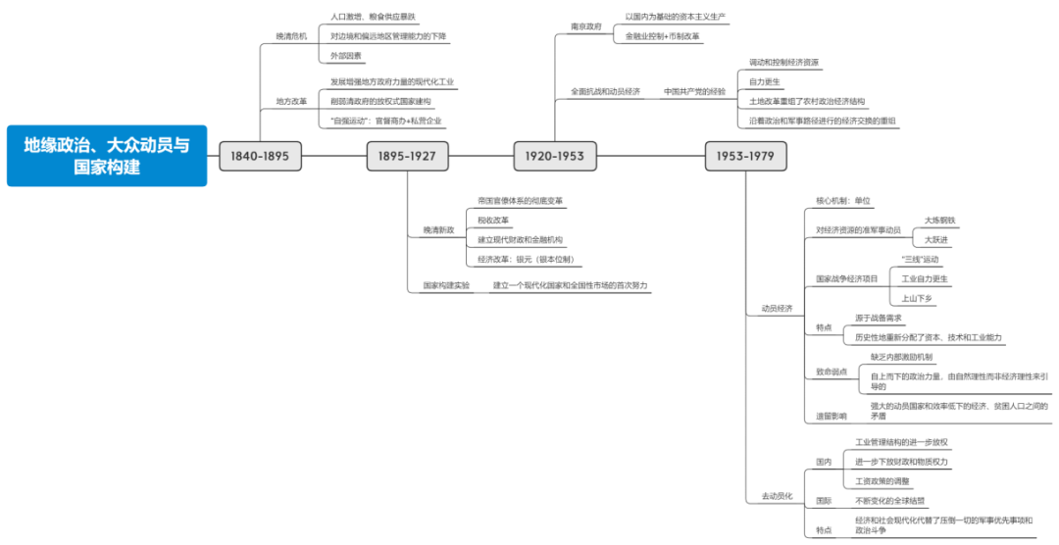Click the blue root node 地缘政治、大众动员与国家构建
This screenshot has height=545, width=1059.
tap(107, 156)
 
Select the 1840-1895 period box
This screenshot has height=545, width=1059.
tap(260, 156)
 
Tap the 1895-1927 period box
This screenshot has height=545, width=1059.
tap(407, 156)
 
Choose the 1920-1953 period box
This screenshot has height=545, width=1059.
tap(555, 156)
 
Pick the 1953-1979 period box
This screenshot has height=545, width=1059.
tap(745, 156)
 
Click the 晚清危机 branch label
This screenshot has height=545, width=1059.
tap(291, 36)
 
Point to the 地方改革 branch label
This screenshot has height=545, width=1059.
tap(291, 101)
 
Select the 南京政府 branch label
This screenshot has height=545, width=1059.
tap(586, 26)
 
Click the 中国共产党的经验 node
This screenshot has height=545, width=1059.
tap(695, 91)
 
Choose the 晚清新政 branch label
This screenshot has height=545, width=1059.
tap(438, 230)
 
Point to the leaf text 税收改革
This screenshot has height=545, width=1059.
tap(494, 220)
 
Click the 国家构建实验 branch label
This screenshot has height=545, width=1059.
tap(446, 285)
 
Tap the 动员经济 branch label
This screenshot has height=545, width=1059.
tap(777, 309)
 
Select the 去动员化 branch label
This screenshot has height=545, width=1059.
tap(777, 496)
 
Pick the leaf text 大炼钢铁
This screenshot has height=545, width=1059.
tap(938, 221)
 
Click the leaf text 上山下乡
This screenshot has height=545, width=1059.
tap(918, 298)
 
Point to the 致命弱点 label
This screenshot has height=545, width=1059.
tap(830, 372)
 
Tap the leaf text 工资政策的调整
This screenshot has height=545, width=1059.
tap(882, 480)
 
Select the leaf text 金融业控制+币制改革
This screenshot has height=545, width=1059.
tap(663, 36)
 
